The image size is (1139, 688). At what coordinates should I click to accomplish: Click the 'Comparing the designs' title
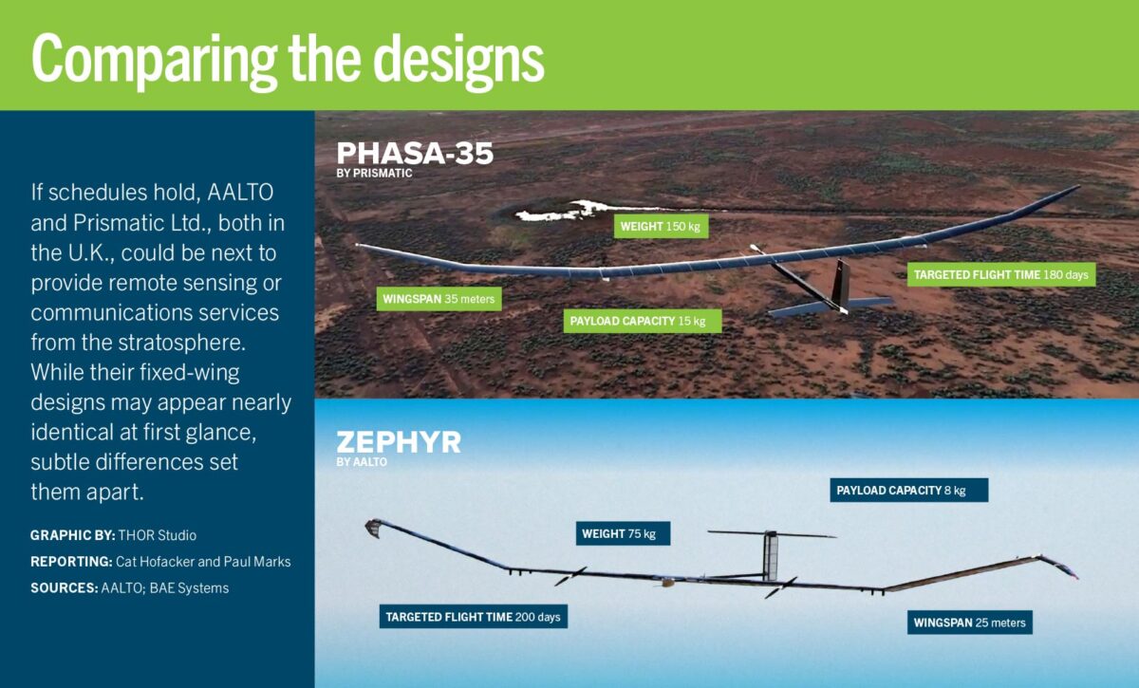pyautogui.click(x=288, y=61)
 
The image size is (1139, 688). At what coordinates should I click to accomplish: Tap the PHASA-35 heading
pyautogui.click(x=415, y=153)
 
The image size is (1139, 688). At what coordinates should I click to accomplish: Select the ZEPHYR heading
pyautogui.click(x=399, y=442)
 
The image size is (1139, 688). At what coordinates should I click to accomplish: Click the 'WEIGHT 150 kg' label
pyautogui.click(x=661, y=226)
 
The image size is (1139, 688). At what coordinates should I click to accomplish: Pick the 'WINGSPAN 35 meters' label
pyautogui.click(x=439, y=299)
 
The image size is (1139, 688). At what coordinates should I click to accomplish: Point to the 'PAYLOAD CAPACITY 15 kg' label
pyautogui.click(x=643, y=321)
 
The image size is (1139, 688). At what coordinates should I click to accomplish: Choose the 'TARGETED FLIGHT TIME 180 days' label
pyautogui.click(x=1001, y=274)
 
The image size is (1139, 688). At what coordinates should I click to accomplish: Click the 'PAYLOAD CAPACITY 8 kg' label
pyautogui.click(x=909, y=491)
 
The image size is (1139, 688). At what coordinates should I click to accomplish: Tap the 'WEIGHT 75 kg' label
pyautogui.click(x=623, y=533)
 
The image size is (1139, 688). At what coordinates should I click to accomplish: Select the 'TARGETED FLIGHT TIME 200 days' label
pyautogui.click(x=474, y=616)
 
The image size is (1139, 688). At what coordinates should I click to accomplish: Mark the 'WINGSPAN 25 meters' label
pyautogui.click(x=970, y=623)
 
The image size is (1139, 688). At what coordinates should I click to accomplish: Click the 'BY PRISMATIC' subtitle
pyautogui.click(x=374, y=174)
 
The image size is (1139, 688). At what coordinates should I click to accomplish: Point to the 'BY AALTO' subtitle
pyautogui.click(x=362, y=462)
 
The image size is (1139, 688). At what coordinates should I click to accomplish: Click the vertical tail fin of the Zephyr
pyautogui.click(x=771, y=557)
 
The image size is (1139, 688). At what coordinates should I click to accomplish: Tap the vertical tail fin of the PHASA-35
pyautogui.click(x=841, y=284)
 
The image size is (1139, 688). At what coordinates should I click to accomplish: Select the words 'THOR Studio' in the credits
pyautogui.click(x=158, y=535)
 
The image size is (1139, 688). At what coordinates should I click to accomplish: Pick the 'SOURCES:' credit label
pyautogui.click(x=65, y=588)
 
